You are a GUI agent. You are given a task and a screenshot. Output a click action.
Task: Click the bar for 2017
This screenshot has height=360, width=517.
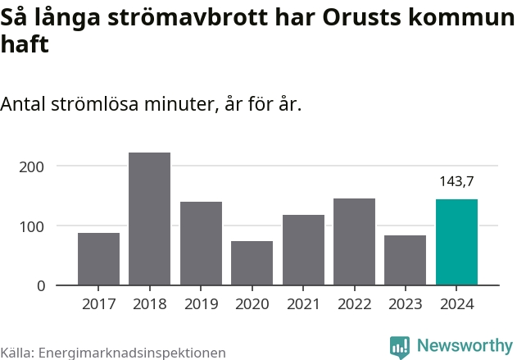point(98,259)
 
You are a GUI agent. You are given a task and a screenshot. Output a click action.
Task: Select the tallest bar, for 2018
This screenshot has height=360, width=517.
point(149,219)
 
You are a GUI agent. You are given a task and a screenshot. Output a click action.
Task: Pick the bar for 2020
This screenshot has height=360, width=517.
point(252,263)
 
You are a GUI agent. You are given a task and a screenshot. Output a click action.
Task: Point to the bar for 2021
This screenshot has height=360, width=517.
point(303,250)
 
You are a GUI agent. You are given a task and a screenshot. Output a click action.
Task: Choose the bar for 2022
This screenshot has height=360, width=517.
point(354,242)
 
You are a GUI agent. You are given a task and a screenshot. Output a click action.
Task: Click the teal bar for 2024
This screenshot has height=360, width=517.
point(456,243)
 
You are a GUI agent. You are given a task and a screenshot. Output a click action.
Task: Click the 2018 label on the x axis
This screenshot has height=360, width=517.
point(149,304)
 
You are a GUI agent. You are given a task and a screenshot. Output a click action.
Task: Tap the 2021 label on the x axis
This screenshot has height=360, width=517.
point(303,304)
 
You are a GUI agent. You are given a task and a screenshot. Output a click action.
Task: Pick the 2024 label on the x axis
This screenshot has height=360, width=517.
point(456,304)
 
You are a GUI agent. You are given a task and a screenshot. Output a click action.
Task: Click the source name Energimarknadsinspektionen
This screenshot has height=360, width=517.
point(131,353)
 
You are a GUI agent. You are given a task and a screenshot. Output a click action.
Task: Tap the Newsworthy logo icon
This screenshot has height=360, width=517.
point(400,346)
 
